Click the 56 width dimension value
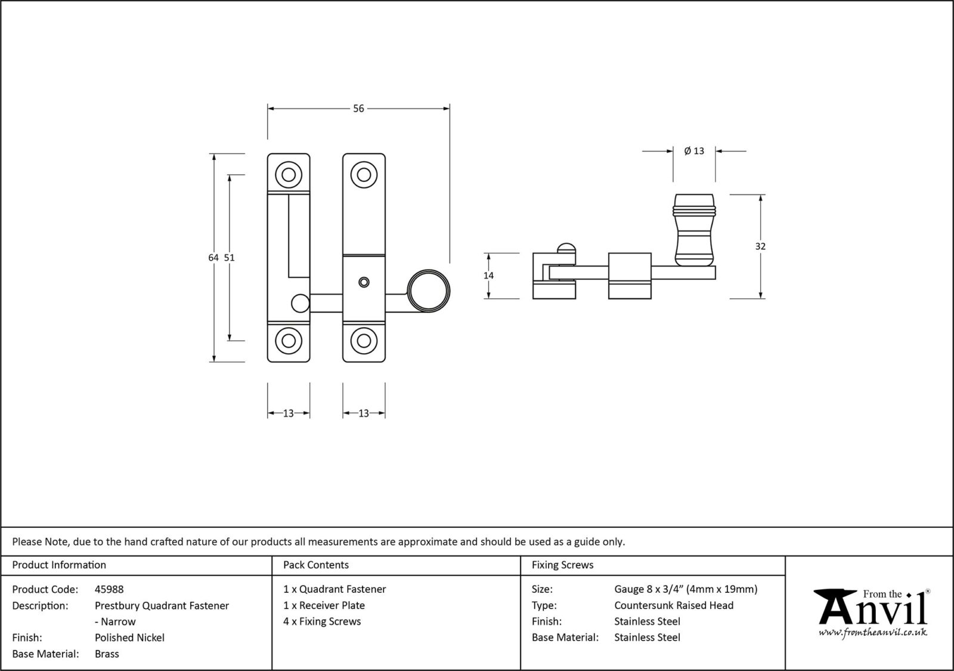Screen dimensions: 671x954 (358, 109)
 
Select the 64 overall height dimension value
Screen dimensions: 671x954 (213, 258)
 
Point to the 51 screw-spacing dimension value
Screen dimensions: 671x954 (230, 258)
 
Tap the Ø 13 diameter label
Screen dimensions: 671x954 (694, 151)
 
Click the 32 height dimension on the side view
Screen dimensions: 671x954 (760, 246)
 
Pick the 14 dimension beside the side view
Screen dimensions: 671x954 (488, 276)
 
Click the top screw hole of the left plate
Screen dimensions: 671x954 (289, 175)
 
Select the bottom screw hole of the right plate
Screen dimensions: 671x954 (364, 341)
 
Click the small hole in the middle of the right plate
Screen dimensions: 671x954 (363, 282)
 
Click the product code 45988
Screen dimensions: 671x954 (109, 589)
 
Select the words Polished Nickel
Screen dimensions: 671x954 (129, 638)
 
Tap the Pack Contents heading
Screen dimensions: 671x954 (316, 565)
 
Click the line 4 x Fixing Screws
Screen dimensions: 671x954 (322, 621)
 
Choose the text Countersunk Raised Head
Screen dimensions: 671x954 (674, 605)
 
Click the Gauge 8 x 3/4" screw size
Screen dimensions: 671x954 (686, 589)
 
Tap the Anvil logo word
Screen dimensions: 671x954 (874, 608)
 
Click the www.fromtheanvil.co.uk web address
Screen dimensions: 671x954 (872, 632)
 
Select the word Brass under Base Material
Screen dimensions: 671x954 (107, 654)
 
